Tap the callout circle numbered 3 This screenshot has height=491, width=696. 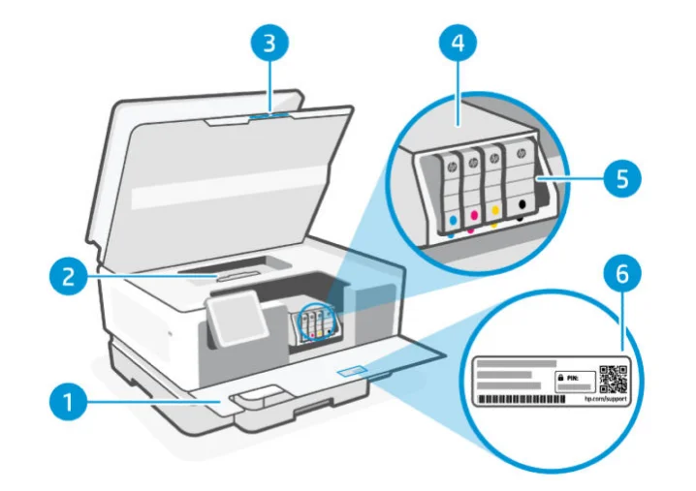[272, 44]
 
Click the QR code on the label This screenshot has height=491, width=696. [613, 380]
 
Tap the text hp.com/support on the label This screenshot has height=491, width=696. [605, 400]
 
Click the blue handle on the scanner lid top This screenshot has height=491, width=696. [269, 113]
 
